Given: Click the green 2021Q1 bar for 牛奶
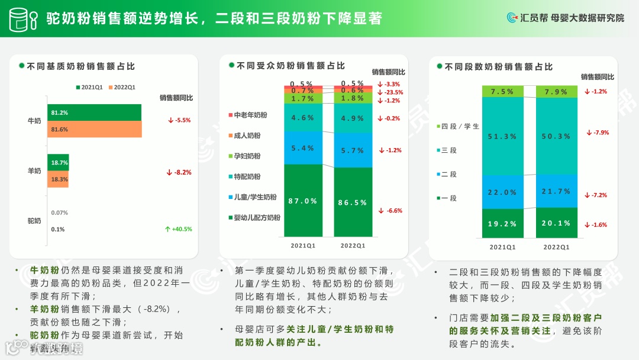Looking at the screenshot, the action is tap(94, 112).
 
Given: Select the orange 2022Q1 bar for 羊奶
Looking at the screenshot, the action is tap(58, 179).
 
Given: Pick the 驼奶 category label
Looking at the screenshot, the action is tap(34, 221).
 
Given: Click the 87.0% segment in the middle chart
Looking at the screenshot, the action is tap(302, 201).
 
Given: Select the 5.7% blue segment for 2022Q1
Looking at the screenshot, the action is tap(353, 150).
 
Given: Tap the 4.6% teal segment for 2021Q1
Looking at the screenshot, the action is tap(302, 118).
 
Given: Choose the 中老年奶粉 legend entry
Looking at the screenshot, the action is tap(248, 115).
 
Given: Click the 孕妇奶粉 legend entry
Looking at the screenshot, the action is tap(248, 156).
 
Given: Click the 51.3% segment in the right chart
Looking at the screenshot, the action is tap(503, 136).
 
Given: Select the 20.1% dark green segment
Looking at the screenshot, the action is tap(557, 223).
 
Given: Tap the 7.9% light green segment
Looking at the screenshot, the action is tap(557, 92).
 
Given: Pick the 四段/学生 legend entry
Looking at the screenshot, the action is tap(458, 127).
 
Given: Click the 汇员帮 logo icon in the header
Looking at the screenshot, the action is tap(512, 18).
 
